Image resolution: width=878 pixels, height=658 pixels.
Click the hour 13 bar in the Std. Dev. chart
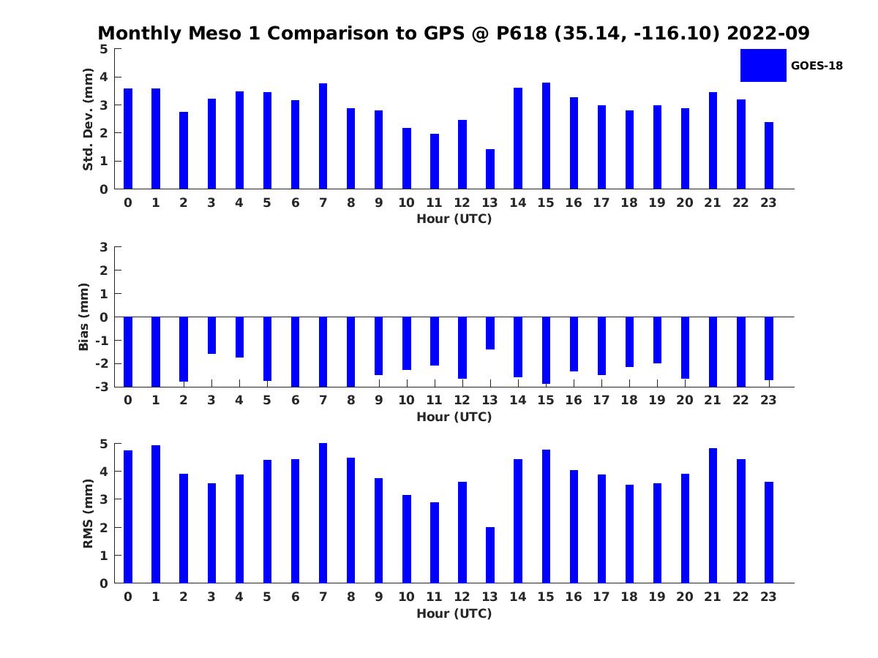[x=490, y=169]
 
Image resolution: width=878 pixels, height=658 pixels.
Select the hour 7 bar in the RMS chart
[x=323, y=513]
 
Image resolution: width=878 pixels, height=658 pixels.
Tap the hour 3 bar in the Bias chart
[x=211, y=335]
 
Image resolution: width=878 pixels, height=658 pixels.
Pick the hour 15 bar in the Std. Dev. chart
[x=546, y=136]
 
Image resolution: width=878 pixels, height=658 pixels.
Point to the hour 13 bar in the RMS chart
[x=490, y=556]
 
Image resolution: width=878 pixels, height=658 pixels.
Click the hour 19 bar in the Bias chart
[x=657, y=340]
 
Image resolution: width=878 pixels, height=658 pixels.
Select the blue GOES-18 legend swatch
[x=763, y=66]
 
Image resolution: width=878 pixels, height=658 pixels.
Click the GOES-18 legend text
[x=817, y=66]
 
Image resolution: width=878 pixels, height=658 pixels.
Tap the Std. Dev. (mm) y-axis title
[x=88, y=119]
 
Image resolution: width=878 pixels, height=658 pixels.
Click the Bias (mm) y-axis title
[x=83, y=317]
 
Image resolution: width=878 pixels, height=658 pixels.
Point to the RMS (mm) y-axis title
[x=88, y=513]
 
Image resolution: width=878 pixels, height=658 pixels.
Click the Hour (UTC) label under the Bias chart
[x=454, y=417]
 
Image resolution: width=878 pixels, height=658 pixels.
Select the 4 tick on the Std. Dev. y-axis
[x=104, y=77]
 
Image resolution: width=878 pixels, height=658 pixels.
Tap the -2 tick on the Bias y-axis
[x=102, y=363]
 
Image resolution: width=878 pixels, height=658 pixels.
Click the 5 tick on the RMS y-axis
[x=104, y=444]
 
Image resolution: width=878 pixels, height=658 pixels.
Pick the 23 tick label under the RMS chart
[x=768, y=597]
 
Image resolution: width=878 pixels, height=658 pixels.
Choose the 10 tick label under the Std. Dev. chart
[x=406, y=203]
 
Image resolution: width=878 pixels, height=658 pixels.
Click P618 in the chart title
[x=522, y=33]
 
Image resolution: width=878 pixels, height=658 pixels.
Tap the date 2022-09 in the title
[x=768, y=33]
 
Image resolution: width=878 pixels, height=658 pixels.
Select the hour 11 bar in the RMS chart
[x=435, y=543]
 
